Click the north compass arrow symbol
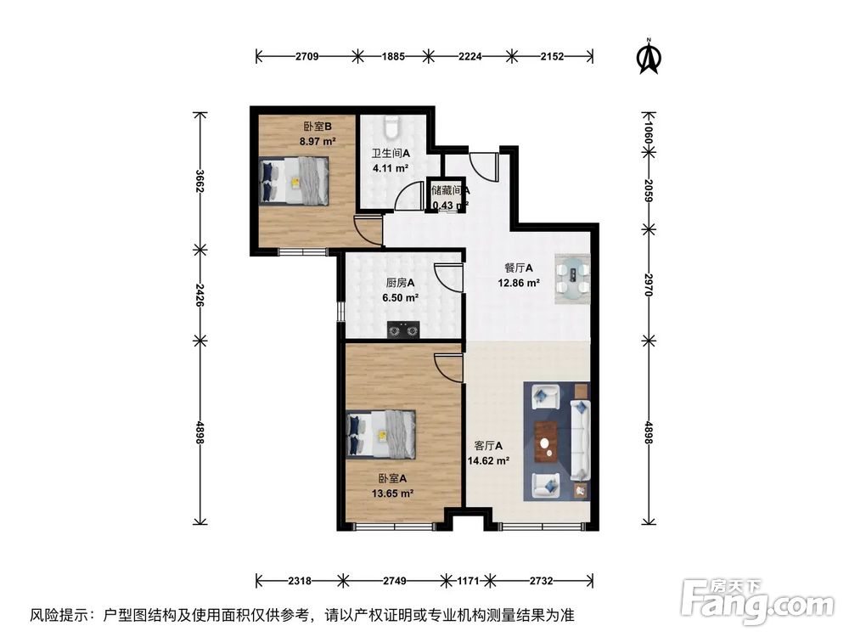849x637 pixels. pos(650,58)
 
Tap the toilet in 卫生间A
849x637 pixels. pos(391,127)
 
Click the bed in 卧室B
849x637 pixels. pos(293,180)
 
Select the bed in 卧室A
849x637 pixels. pos(381,434)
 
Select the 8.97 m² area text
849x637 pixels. pos(317,142)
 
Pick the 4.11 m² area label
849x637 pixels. pos(390,168)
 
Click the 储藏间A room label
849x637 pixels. pos(450,191)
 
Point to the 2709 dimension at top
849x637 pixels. pos(307,57)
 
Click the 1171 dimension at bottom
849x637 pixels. pos(468,581)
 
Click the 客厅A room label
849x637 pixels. pos(488,446)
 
